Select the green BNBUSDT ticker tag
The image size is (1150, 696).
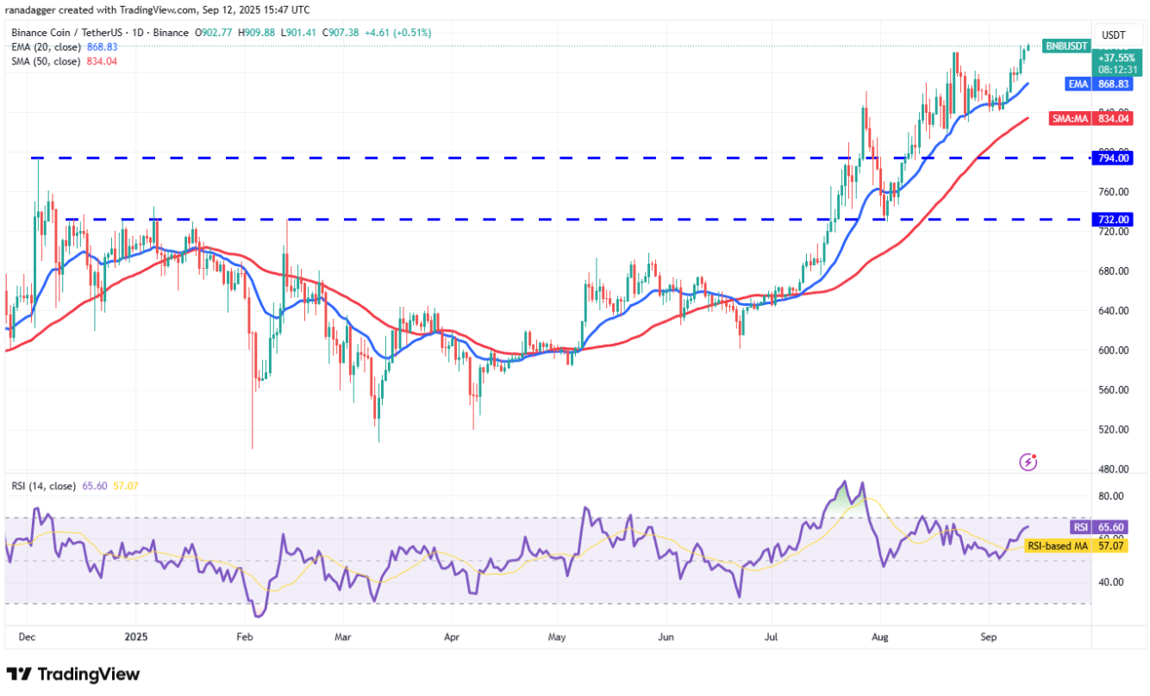tap(1066, 46)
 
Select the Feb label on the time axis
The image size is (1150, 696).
tap(244, 638)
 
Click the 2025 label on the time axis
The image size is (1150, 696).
tap(137, 638)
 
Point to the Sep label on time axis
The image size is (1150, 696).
tap(990, 638)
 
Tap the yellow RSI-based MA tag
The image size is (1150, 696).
tap(1056, 545)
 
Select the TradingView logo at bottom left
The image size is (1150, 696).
tap(73, 674)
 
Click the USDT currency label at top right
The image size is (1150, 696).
tap(1114, 35)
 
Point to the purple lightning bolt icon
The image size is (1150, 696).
tap(1028, 463)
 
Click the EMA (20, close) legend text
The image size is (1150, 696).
tap(45, 47)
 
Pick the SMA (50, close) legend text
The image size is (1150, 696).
tap(45, 61)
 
